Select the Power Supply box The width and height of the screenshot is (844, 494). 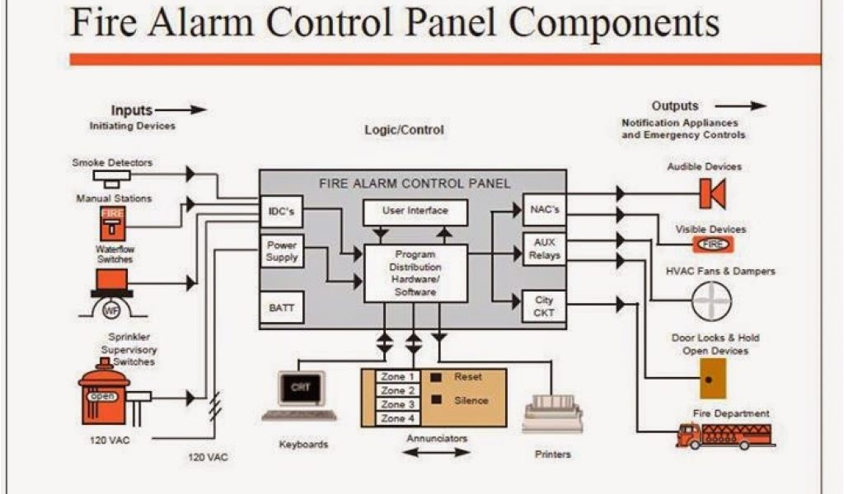tap(282, 250)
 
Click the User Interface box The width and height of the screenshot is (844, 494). tap(415, 212)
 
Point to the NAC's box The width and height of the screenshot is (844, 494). tap(544, 210)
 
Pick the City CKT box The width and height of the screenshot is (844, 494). tap(544, 306)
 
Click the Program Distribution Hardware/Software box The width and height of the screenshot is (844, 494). tap(415, 273)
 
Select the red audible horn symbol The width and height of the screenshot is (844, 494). tap(711, 193)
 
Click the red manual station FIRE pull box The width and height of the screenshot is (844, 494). tap(112, 222)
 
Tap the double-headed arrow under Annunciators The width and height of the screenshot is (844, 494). tap(437, 452)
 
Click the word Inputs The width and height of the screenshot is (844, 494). tap(132, 110)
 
